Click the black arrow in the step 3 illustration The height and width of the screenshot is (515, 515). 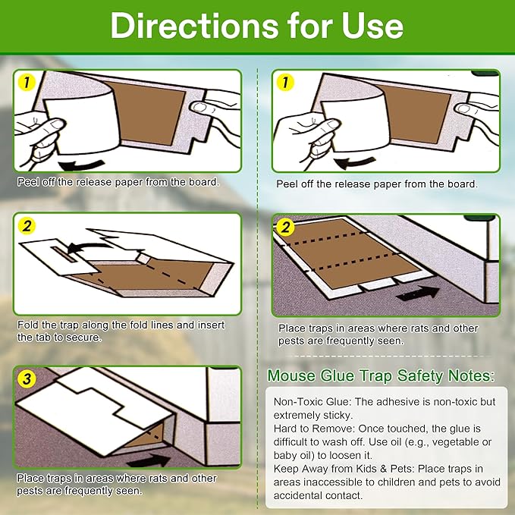(x=148, y=460)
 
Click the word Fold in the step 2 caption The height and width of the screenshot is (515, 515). (x=28, y=325)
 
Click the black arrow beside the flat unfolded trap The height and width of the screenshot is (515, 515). (x=417, y=291)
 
